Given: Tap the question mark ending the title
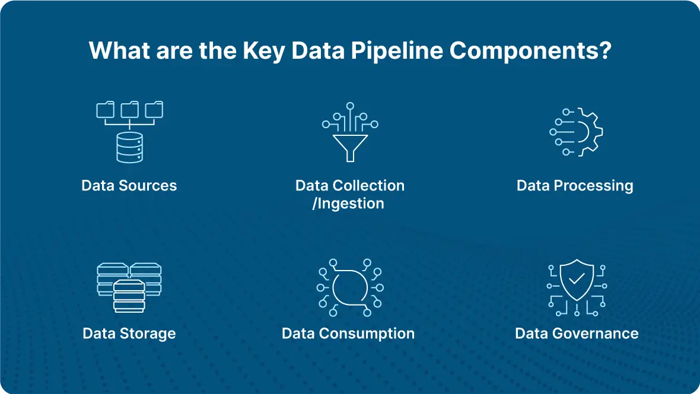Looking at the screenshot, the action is pos(606,50).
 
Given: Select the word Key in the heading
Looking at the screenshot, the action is pos(264,51).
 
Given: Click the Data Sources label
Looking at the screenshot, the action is pos(129,185).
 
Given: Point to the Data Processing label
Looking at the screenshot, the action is pos(575,186).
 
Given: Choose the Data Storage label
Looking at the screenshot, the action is pos(129,333).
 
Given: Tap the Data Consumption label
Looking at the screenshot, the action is pos(348,333).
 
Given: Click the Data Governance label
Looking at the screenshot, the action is pos(577,333).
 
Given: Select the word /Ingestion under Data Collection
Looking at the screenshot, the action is pos(348,204).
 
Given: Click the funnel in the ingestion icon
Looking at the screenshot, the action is pos(351,147).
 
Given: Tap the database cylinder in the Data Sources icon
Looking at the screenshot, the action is pos(129,147).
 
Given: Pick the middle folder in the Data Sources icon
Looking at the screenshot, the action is pos(129,109).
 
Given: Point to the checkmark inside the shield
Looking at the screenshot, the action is pos(577,279).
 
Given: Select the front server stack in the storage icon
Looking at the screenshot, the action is pos(129,295).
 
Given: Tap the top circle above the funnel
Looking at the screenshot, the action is pos(351,106).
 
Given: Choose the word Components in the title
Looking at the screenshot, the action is pos(524,50).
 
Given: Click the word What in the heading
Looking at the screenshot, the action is pos(119,50).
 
